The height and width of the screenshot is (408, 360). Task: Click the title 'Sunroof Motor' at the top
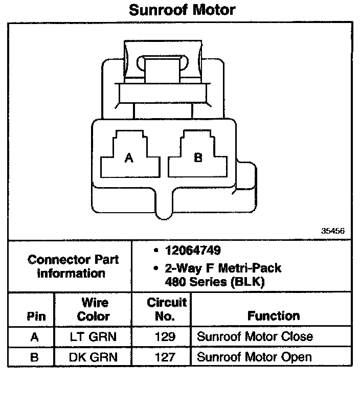point(182,10)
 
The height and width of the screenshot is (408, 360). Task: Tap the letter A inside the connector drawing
point(129,158)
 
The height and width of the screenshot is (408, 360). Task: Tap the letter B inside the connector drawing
point(198,157)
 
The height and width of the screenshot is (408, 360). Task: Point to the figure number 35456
point(333,231)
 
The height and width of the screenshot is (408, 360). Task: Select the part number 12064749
point(193,251)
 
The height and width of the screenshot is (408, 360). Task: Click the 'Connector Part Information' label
point(73,266)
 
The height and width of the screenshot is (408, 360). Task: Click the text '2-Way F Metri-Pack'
point(223,268)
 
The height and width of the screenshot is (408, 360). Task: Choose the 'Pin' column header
point(36,316)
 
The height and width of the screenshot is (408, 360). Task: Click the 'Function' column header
point(274,315)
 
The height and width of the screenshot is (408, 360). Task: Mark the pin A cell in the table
point(34,336)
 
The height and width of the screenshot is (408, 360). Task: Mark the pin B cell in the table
point(34,356)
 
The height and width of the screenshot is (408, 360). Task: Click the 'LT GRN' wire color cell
point(93,336)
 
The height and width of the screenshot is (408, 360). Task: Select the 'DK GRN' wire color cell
point(93,356)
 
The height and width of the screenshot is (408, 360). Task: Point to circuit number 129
point(165,336)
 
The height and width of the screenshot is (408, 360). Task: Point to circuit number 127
point(165,356)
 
